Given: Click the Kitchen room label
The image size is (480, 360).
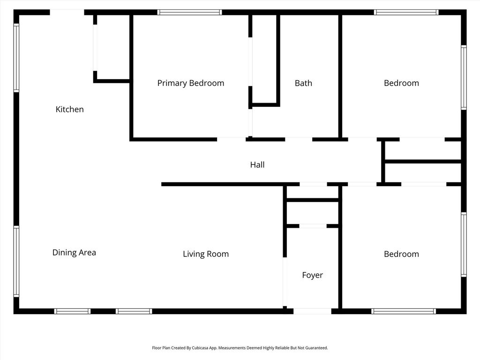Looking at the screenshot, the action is [x=69, y=109].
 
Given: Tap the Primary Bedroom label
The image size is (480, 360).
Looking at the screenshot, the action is [x=191, y=83].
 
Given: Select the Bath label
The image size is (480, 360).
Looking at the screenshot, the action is [x=303, y=83].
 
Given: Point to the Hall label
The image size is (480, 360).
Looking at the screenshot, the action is [x=257, y=165].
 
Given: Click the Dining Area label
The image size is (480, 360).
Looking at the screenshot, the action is [x=74, y=253].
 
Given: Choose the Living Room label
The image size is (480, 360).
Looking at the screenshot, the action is [x=206, y=254].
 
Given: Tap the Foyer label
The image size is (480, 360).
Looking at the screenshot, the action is [x=312, y=275].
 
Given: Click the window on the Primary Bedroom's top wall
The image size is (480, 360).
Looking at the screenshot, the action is [x=190, y=12].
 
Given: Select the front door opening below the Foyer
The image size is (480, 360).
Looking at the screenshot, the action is [x=312, y=311].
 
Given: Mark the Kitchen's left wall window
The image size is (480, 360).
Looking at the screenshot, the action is [x=16, y=58].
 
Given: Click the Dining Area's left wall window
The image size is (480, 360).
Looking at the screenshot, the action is [x=16, y=262].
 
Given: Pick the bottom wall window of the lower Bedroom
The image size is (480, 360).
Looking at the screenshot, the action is [x=404, y=311].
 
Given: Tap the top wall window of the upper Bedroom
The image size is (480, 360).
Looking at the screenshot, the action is [x=406, y=12].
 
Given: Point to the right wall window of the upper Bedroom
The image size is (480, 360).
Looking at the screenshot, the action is [x=464, y=77].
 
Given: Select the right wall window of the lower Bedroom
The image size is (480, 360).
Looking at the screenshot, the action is [x=464, y=245].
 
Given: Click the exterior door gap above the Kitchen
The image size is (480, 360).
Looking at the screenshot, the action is [x=67, y=12].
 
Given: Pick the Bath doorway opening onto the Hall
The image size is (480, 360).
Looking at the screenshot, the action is [x=299, y=140].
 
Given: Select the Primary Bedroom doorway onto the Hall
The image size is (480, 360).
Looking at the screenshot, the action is [x=232, y=140].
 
